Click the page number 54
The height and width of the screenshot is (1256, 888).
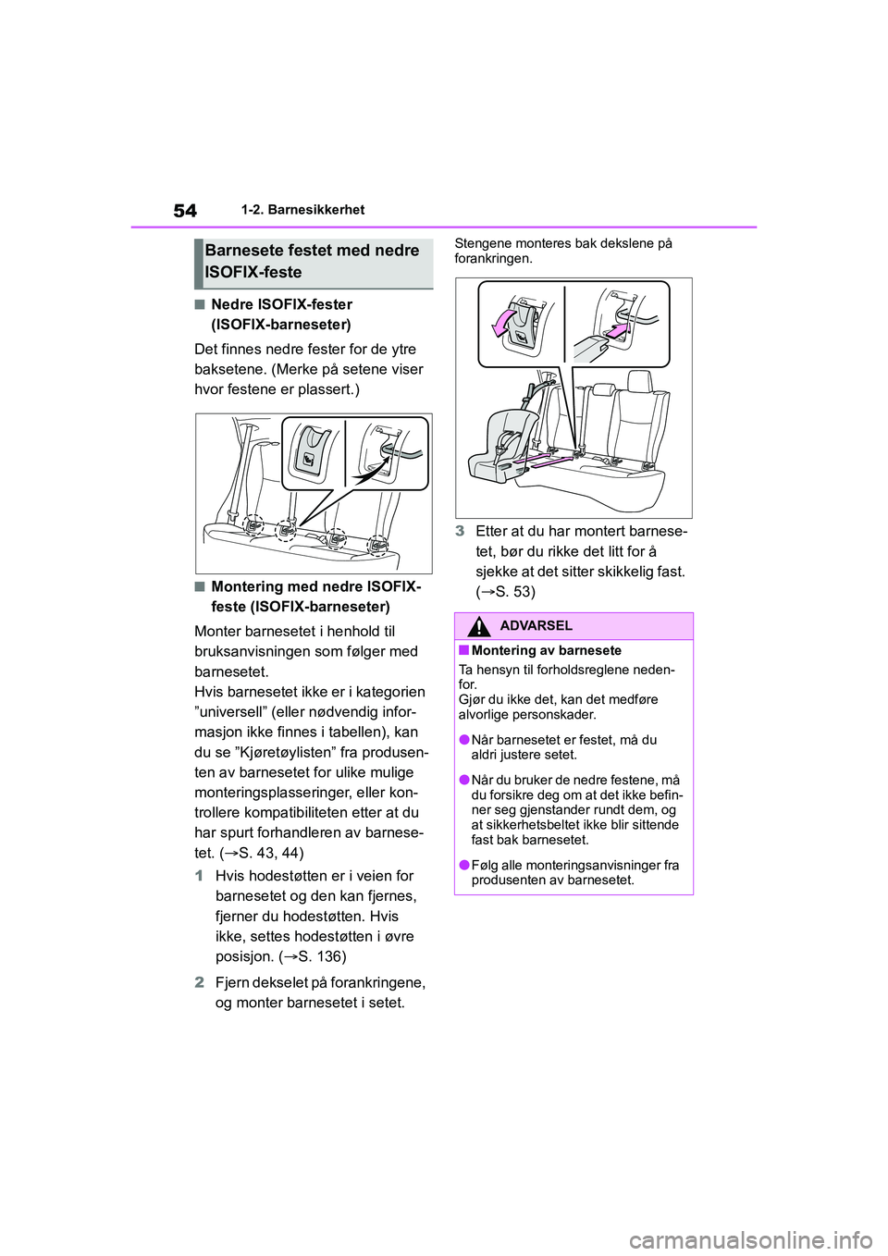185,211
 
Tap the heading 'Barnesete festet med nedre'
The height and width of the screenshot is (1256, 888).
313,251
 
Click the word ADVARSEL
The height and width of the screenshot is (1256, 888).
536,626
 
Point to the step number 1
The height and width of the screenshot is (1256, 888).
200,876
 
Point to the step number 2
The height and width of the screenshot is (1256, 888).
200,982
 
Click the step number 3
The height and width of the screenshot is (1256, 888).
460,531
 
